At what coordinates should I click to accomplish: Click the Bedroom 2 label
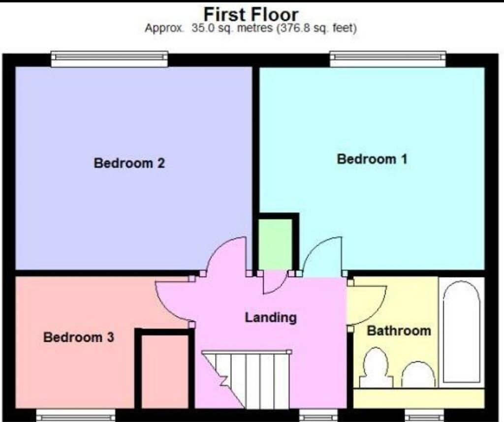(x=129, y=163)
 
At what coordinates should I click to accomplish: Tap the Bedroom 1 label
(x=372, y=159)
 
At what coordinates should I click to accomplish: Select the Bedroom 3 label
(x=79, y=337)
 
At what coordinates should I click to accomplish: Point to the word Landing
(x=271, y=318)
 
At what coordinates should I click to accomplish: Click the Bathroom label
(x=399, y=331)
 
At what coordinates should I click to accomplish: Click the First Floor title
(x=252, y=14)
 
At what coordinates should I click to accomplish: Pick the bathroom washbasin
(x=418, y=374)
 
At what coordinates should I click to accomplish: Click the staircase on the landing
(x=246, y=379)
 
